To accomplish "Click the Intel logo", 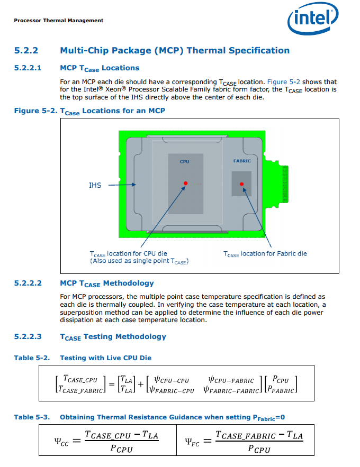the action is click(313, 18).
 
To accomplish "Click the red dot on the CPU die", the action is click(186, 183).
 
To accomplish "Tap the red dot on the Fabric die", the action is click(242, 184).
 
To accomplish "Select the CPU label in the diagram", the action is click(184, 161).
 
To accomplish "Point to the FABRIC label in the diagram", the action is click(242, 161).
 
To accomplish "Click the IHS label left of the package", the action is click(95, 185).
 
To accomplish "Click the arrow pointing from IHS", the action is click(122, 185).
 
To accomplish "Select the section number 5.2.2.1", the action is click(28, 68).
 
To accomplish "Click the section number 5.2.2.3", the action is click(28, 336).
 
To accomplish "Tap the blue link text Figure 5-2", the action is click(283, 82).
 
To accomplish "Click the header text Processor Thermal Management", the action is click(59, 21).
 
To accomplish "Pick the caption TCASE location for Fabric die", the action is click(265, 254).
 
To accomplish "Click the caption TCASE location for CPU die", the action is click(129, 254).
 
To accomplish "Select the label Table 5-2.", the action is click(32, 358).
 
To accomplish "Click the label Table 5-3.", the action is click(32, 417).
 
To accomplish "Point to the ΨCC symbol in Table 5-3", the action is click(61, 442).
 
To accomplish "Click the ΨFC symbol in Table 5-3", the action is click(192, 442).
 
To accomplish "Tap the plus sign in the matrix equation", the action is click(141, 384).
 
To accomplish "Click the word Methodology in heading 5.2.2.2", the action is click(129, 283).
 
